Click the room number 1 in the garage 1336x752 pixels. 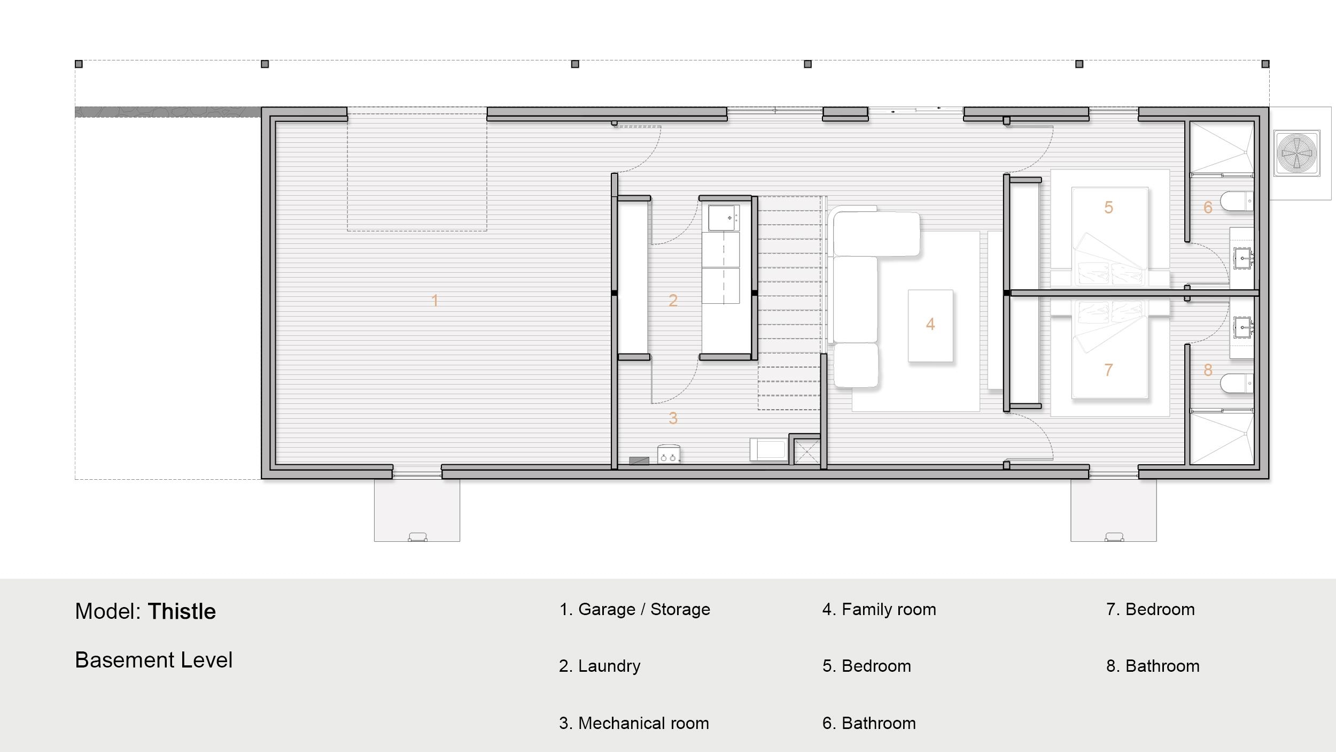point(435,301)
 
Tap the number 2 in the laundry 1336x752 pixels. point(673,301)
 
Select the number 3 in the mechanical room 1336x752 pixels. point(673,418)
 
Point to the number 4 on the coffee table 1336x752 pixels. point(930,324)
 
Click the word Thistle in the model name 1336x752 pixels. point(182,611)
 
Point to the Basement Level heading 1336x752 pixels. point(153,660)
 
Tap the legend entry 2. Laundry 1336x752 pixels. point(600,666)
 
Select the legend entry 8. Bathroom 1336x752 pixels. point(1153,666)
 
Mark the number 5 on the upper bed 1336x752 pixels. point(1109,208)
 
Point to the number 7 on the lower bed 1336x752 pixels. point(1109,370)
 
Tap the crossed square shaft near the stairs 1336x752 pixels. point(806,451)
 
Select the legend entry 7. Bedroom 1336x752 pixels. point(1150,609)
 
